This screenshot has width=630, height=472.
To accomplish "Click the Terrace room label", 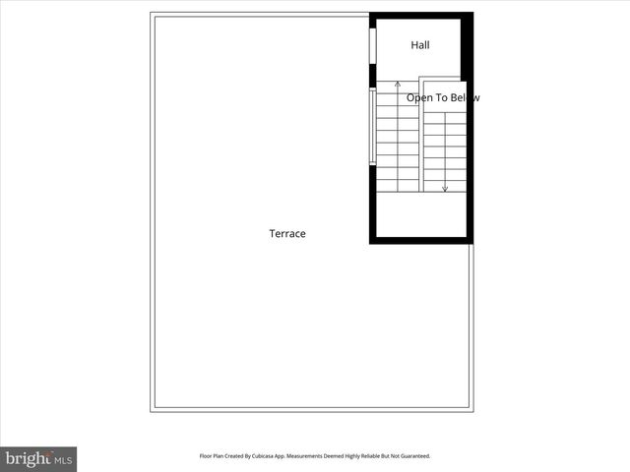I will coord(287,234).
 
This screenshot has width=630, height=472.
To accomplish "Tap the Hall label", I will coord(420,45).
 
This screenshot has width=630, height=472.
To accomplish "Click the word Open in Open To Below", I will coord(420,98).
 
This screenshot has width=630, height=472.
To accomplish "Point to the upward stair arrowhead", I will coord(398,86).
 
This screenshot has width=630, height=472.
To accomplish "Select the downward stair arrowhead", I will coord(445,188).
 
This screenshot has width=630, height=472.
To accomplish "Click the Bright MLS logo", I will coord(38,458).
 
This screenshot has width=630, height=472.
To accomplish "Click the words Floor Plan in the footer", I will coord(213,456).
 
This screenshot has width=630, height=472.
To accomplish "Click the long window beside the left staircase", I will coord(372,127).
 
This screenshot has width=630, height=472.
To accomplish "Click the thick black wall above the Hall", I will coord(421,15).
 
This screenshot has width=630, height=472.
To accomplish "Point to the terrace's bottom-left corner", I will coord(152,411).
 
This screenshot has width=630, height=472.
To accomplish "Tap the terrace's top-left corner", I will coord(152,14).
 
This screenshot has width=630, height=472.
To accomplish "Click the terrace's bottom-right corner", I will coord(472,411).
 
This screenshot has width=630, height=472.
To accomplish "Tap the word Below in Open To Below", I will coord(465,98).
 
